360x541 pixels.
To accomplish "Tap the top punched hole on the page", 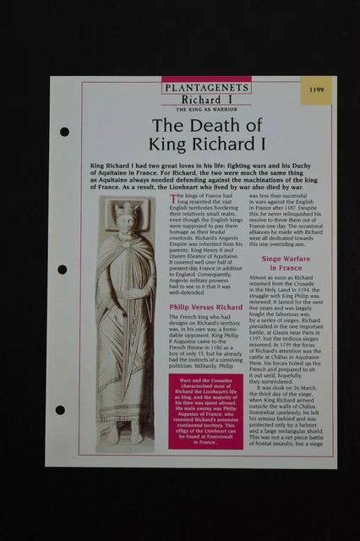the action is [x=64, y=132].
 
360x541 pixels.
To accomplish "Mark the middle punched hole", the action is [x=63, y=269].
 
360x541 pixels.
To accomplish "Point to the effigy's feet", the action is [x=127, y=431].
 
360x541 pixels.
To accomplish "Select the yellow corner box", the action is [x=316, y=90].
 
